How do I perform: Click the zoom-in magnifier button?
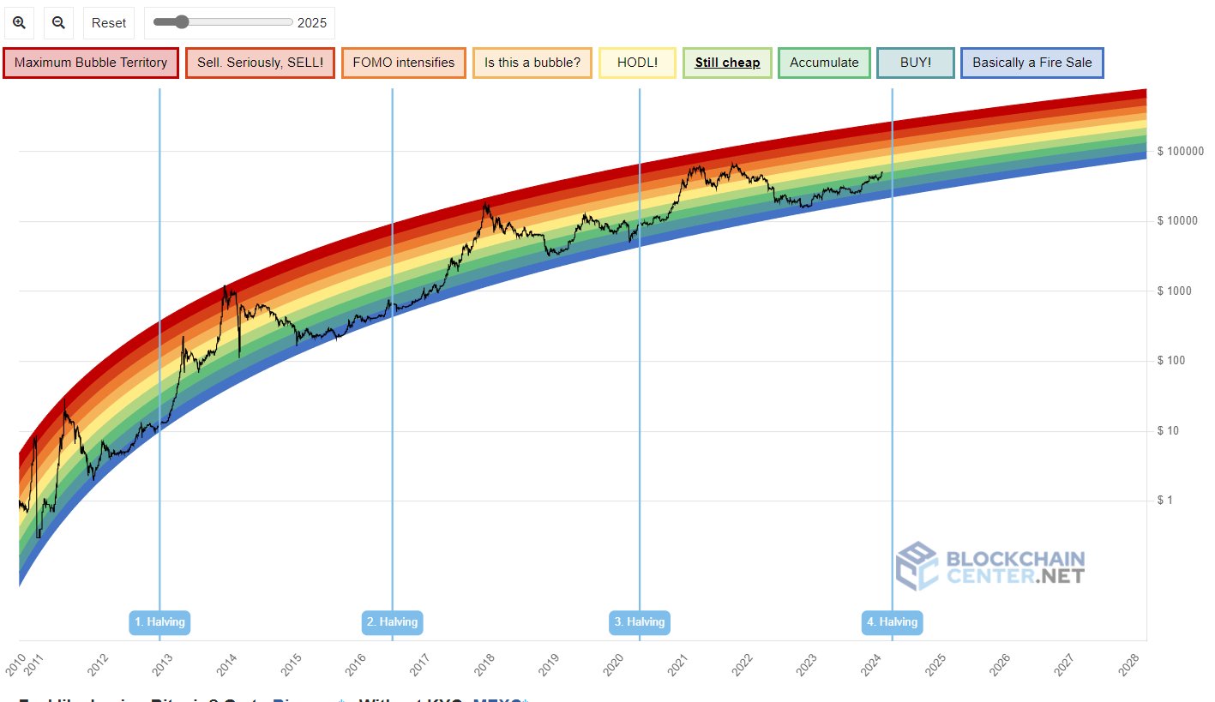coord(19,23)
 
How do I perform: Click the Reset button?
coord(109,23)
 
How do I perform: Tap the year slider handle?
coord(182,22)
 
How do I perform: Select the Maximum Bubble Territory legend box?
coord(91,63)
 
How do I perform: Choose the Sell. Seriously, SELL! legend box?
coord(260,63)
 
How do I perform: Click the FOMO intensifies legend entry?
coord(404,63)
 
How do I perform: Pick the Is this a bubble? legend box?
coord(532,63)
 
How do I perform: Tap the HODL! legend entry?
coord(637,63)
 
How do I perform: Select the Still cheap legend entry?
coord(727,63)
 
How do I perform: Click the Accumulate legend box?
coord(824,63)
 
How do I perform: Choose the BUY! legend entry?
coord(916,63)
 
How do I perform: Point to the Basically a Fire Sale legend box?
coord(1032,63)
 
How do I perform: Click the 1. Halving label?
coord(159,621)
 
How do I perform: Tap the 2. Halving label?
coord(393,621)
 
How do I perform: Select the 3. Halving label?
coord(640,621)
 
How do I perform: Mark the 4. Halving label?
coord(892,621)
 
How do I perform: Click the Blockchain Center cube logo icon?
coord(917,566)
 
